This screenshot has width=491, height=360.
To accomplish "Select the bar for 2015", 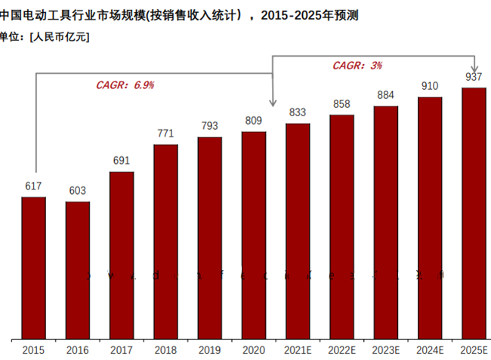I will (x=33, y=268).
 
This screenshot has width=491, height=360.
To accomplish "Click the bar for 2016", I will (x=77, y=270).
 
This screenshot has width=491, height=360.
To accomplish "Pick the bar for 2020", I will (x=254, y=235).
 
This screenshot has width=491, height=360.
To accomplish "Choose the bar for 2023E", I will (x=385, y=223).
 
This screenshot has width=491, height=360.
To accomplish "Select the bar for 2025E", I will (x=474, y=213).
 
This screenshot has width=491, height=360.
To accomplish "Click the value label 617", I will (x=33, y=186).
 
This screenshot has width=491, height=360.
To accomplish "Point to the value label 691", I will (x=122, y=161).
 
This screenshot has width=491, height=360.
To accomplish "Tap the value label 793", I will (x=210, y=126).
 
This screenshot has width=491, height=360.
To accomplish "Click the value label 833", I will (x=298, y=112).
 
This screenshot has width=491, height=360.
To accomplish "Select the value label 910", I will (x=430, y=86).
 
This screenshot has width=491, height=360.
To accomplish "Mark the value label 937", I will (x=474, y=77).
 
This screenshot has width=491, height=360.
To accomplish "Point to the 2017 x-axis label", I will (x=122, y=350).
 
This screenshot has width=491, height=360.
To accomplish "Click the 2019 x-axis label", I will (x=210, y=350).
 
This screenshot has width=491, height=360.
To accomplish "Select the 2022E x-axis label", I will (x=341, y=350).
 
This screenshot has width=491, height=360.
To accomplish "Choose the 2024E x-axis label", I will (x=430, y=350).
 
